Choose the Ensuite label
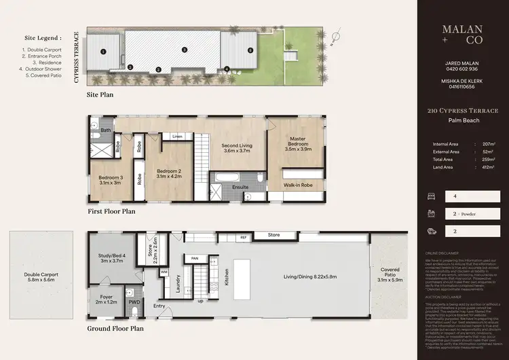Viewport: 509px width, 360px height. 240,186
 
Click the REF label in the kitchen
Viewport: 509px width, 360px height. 243,238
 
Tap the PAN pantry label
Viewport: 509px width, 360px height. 195,258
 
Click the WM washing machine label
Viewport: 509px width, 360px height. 164,272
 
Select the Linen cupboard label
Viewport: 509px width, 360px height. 177,137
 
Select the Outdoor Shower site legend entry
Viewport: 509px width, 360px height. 43,69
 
